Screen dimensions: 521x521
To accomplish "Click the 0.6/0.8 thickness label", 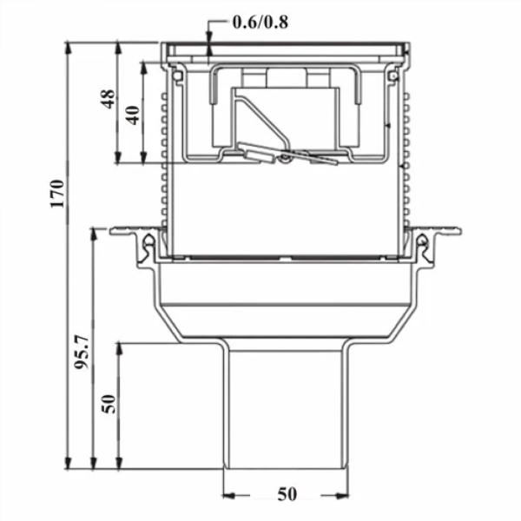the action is pos(260,23).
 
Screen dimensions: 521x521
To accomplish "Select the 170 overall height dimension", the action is pos(57,194).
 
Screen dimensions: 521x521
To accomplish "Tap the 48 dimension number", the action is pos(109,99).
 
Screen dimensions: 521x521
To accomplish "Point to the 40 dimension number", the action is pos(133,115).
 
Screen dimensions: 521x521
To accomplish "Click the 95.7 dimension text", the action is pos(82,353).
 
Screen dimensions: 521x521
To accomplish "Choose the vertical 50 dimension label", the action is pos(109,404).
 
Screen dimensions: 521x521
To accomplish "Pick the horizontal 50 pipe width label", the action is pos(287,494).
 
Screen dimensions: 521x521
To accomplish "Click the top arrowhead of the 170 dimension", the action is pos(68,49).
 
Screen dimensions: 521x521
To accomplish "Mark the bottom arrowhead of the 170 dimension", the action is pos(68,463).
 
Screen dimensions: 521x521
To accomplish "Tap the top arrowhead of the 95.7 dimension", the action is pos(94,234).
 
